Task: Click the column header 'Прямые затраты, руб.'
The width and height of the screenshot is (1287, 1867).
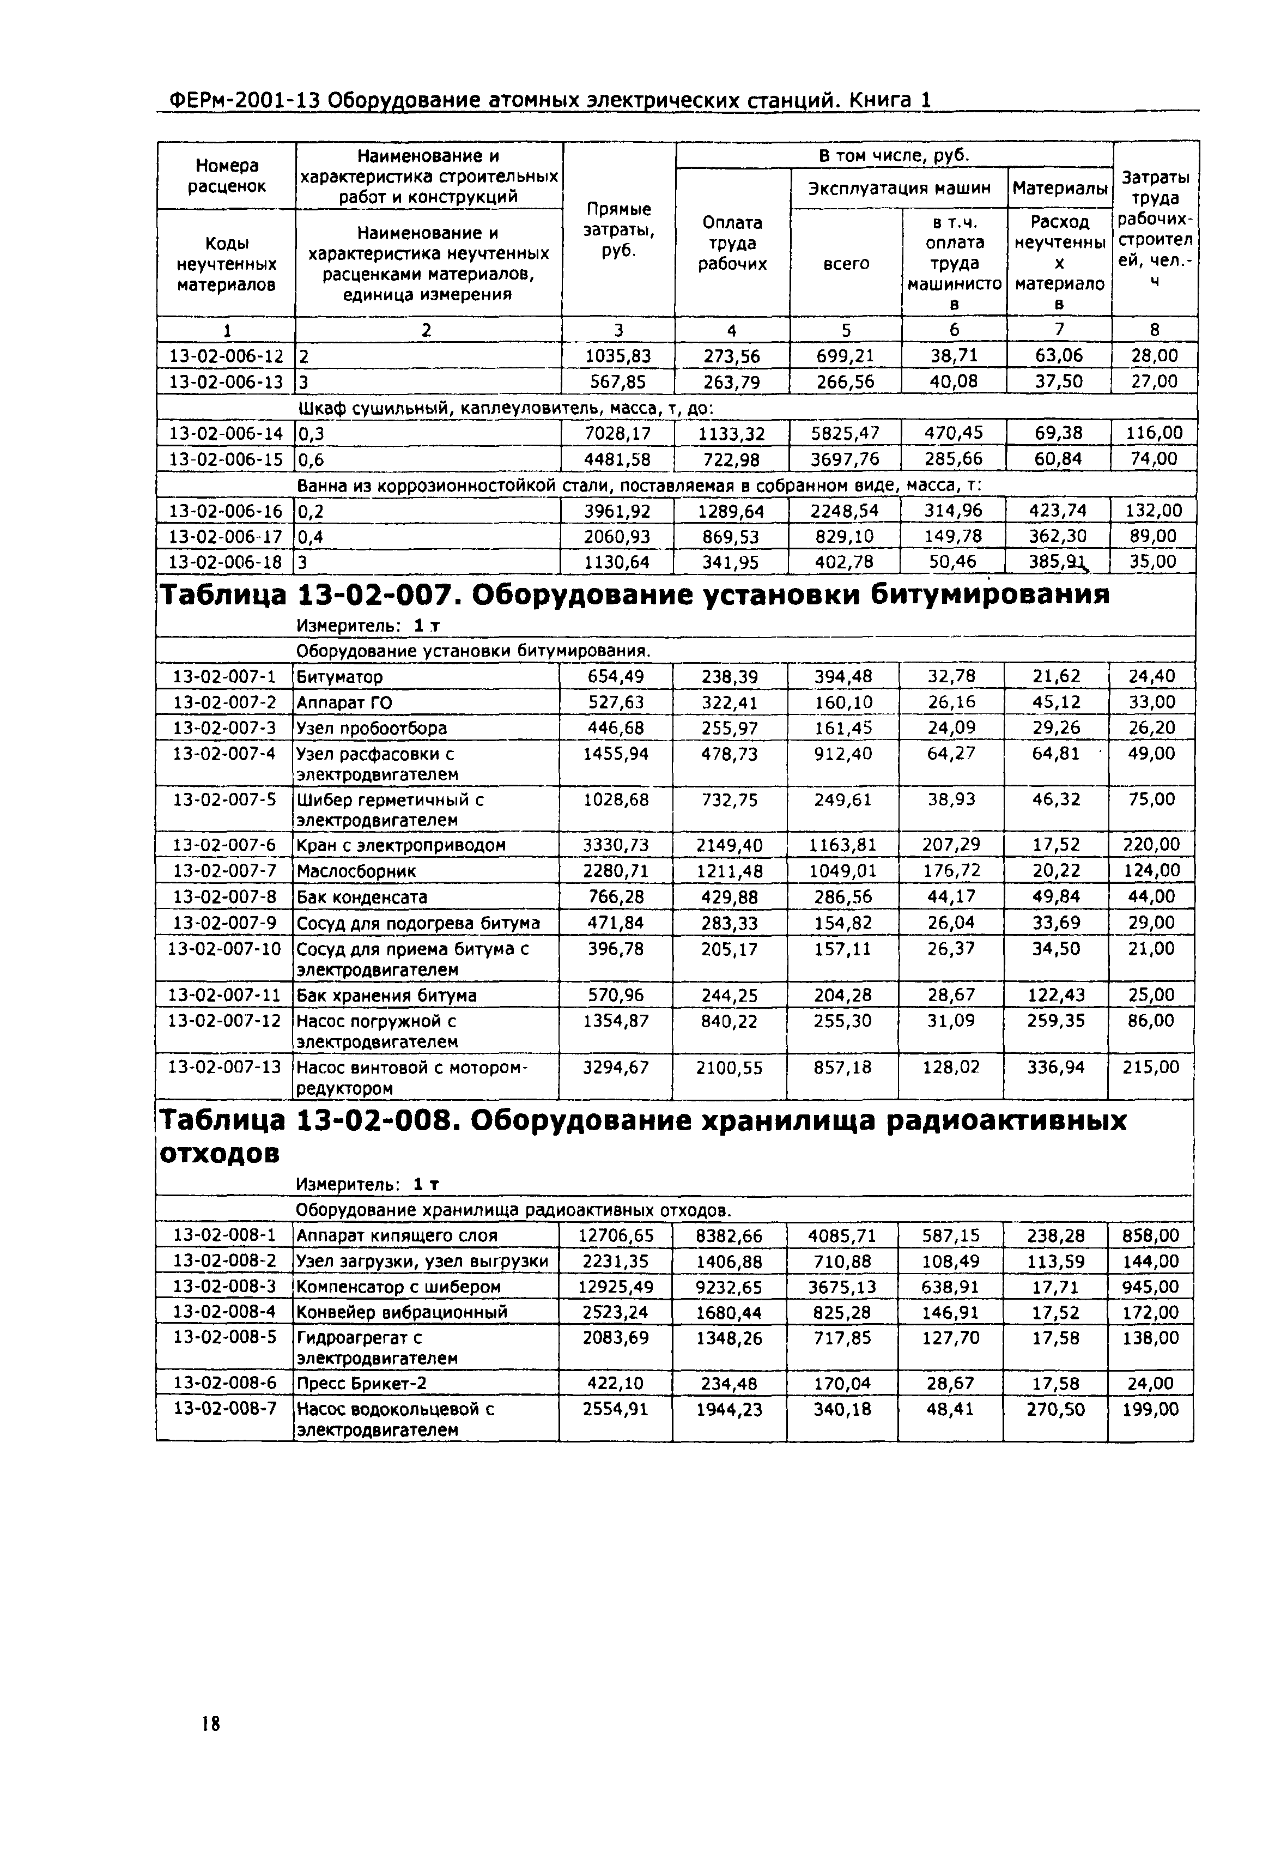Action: tap(618, 230)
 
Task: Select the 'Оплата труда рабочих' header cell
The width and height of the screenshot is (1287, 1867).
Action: tap(732, 243)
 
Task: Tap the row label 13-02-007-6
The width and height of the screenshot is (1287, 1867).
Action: tap(224, 845)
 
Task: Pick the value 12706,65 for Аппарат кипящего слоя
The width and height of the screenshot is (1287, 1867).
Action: tap(616, 1235)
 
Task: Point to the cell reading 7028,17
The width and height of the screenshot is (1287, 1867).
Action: tap(618, 434)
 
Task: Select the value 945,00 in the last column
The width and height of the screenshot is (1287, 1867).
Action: tap(1151, 1287)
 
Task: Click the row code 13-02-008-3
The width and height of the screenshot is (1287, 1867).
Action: tap(224, 1287)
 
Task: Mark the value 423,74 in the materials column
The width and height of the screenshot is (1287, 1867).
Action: tap(1058, 511)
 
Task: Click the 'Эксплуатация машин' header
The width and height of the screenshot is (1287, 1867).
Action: tap(899, 189)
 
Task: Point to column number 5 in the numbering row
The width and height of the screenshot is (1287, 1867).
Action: tap(846, 330)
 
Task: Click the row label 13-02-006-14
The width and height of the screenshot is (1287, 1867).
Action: tap(226, 434)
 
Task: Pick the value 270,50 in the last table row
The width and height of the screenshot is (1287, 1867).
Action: tap(1055, 1410)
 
